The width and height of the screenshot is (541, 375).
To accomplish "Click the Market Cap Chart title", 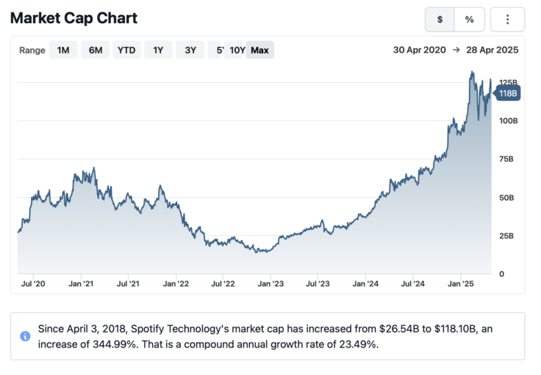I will [x=74, y=18].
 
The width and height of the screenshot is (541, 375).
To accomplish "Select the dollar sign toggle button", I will [x=439, y=19].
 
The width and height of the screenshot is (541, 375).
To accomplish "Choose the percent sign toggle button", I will [x=469, y=19].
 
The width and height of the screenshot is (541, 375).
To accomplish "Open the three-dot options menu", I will [x=507, y=19].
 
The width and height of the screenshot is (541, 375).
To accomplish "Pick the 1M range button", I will [x=63, y=50].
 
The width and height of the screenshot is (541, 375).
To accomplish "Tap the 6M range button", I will [x=95, y=50].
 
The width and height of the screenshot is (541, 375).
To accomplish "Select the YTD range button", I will [x=127, y=50].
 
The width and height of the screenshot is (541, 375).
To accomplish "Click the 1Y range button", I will [x=159, y=50].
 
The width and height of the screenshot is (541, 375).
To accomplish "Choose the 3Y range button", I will [x=190, y=50].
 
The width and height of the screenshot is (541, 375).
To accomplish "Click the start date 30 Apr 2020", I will [x=420, y=50].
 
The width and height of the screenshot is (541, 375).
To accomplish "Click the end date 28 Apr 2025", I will [x=493, y=50].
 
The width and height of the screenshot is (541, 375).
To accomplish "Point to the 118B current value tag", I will [x=509, y=93].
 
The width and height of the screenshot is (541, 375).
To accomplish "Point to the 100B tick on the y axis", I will [x=508, y=120].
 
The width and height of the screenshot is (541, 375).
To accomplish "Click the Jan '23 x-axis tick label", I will [x=270, y=284].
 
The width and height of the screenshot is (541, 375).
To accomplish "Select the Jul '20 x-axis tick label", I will [x=34, y=284].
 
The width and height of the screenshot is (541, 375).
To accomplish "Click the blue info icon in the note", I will [x=25, y=336].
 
